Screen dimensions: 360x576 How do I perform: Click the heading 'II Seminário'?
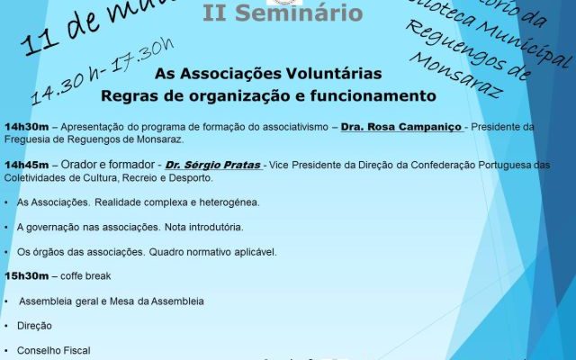click(283, 14)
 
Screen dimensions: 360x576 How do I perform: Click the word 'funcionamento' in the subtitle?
click(378, 94)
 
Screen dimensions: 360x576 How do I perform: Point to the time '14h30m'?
click(27, 127)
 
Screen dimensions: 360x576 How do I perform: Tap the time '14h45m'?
click(27, 166)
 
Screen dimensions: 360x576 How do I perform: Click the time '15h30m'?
click(27, 275)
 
